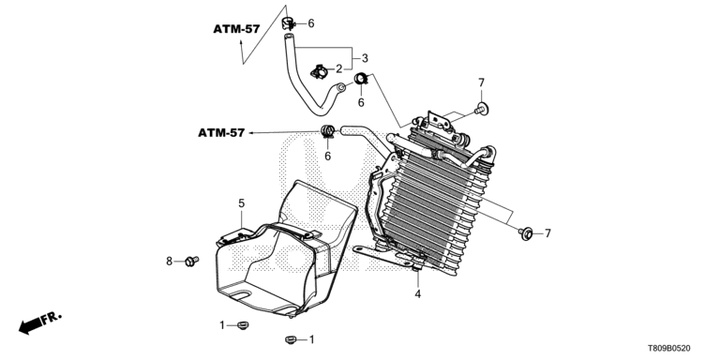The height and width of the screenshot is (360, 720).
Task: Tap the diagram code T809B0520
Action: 668,349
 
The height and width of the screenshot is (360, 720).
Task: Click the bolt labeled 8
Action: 191,261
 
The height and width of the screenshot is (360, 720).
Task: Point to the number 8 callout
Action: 169,262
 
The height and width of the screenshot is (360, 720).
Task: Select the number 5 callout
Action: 242,202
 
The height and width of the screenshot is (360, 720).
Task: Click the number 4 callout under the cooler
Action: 418,293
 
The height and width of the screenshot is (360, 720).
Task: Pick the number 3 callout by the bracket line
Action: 365,58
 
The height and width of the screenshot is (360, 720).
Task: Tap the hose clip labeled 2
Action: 320,71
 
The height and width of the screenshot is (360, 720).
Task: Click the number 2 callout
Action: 338,69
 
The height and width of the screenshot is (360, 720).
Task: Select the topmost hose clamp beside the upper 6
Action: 288,22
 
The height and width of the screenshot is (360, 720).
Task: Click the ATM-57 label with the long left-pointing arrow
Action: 221,133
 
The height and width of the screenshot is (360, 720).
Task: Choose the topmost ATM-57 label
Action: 236,29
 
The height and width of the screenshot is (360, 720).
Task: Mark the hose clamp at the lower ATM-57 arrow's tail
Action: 327,132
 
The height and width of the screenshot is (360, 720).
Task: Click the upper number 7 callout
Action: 481,82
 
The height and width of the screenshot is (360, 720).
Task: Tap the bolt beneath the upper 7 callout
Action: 481,110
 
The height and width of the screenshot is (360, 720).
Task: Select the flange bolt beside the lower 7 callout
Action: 525,233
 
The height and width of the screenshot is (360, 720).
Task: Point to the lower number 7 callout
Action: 547,233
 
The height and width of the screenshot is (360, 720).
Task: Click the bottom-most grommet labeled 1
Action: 290,339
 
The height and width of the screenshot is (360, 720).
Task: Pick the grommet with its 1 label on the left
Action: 243,325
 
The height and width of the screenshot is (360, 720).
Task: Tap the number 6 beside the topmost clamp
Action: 311,23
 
